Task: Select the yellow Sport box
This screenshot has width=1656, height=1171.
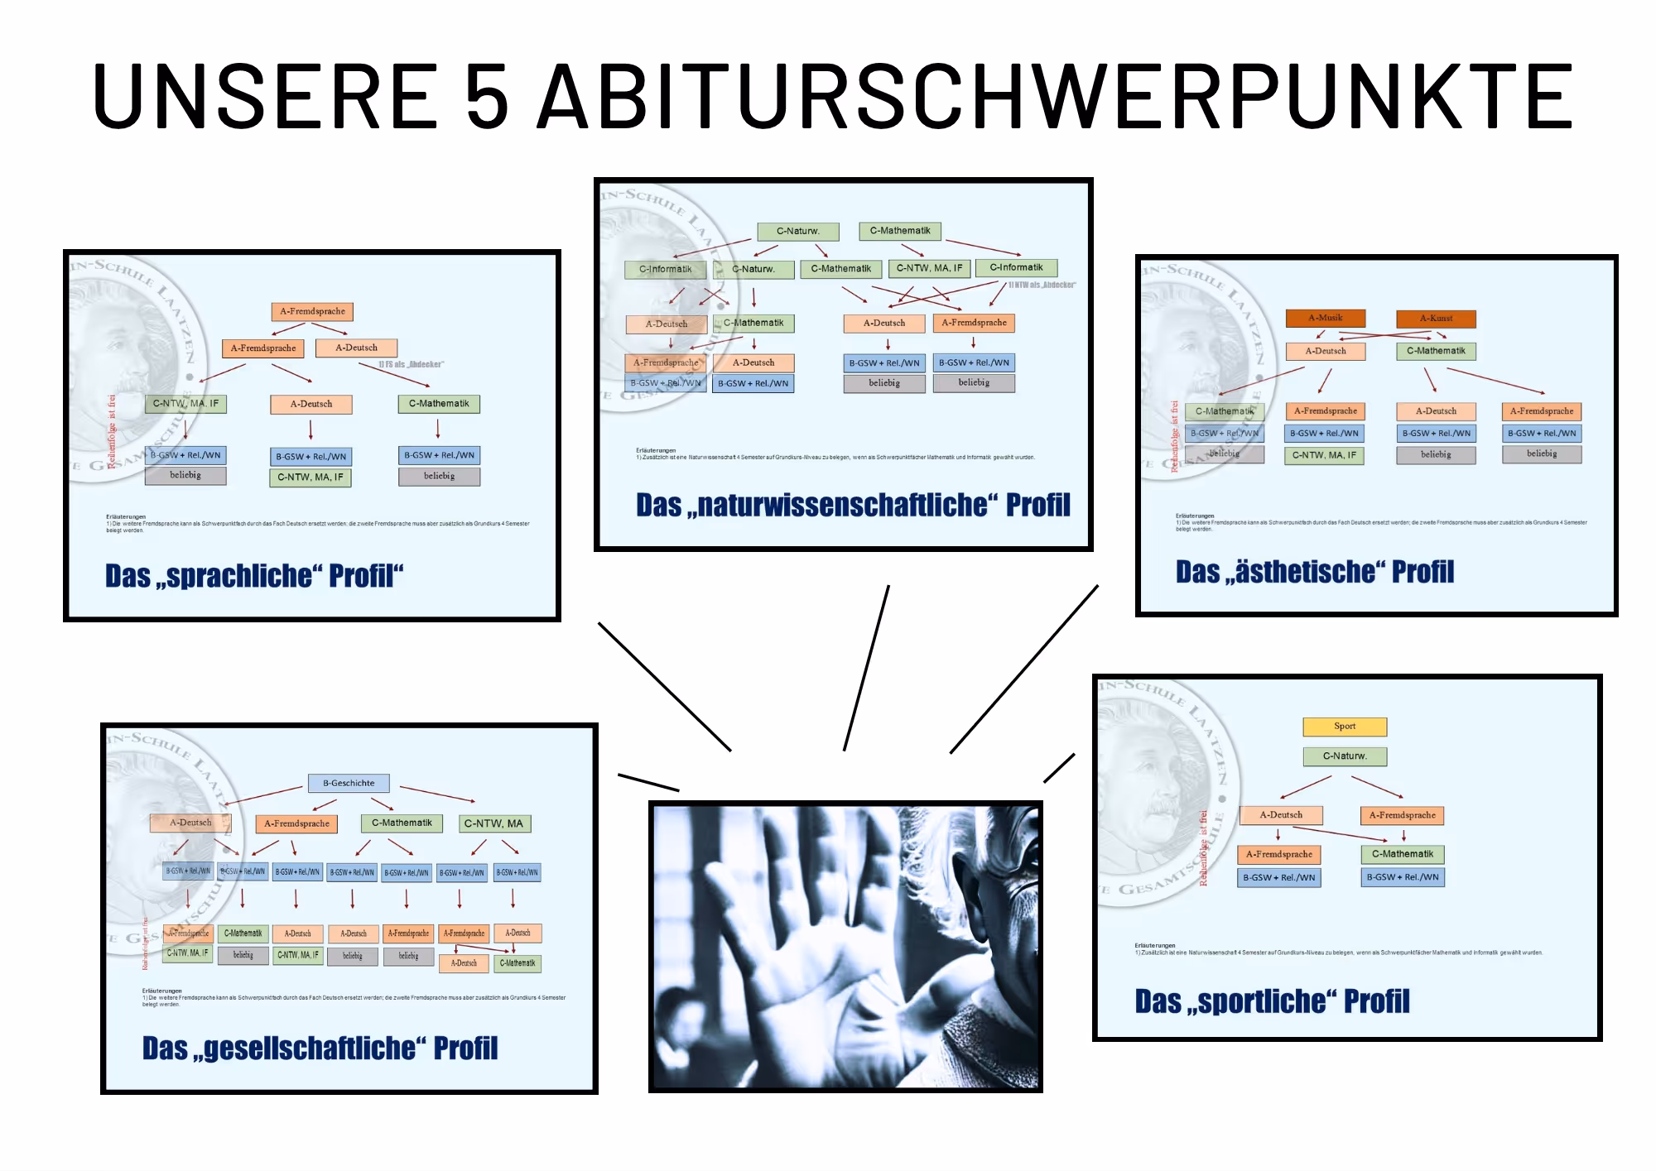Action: pos(1345,727)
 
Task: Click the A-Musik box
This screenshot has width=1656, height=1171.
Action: pos(1326,318)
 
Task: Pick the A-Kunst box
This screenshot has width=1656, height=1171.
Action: pos(1436,319)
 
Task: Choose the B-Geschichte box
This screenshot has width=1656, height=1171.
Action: pos(349,783)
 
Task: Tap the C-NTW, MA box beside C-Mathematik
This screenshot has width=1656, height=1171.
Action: pos(493,823)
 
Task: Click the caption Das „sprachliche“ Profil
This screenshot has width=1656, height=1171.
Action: pos(254,576)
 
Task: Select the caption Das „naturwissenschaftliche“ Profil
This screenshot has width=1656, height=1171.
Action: pos(853,505)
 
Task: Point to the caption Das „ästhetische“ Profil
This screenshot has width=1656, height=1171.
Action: pos(1315,572)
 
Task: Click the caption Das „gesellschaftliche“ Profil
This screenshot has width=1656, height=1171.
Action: pos(320,1049)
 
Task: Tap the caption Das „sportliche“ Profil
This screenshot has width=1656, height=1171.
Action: pos(1272,1001)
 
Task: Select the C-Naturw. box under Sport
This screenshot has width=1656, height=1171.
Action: pos(1345,756)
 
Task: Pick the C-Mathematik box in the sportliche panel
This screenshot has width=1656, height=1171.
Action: pos(1403,854)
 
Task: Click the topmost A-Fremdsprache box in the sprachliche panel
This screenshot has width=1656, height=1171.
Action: pos(312,312)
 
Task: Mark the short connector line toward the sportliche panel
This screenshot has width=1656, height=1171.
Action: pos(1059,768)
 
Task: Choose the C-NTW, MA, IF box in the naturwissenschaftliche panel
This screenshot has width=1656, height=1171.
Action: pos(929,268)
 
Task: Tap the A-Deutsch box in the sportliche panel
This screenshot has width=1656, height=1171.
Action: pos(1281,815)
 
